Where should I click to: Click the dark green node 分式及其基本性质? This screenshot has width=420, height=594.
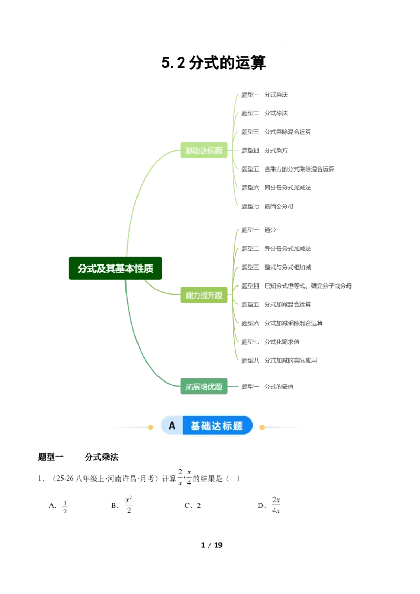[115, 269]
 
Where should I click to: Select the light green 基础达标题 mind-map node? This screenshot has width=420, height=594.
[204, 151]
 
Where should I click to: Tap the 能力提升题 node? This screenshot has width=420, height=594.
[204, 295]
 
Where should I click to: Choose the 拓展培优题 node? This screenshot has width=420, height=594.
[204, 387]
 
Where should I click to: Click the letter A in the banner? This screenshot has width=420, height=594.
[172, 426]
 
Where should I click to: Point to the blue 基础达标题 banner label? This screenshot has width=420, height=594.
[217, 426]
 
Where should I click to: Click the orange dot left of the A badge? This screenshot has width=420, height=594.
[150, 427]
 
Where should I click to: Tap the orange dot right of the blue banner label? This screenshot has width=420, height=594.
[262, 427]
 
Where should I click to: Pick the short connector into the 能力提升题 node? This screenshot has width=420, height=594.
[160, 289]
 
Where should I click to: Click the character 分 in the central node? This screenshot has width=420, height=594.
[82, 269]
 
